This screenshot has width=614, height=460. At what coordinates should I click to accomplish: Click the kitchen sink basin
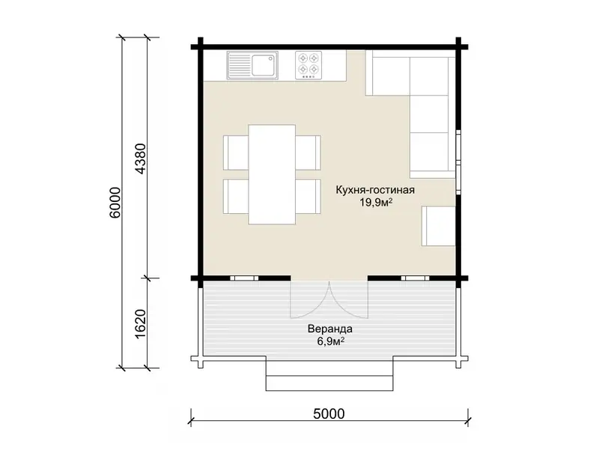(x=264, y=65)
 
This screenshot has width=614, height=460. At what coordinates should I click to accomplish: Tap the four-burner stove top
(x=308, y=65)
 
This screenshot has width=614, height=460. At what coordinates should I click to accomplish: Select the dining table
(x=272, y=174)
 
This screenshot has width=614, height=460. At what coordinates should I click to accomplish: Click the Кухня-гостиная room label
(x=374, y=190)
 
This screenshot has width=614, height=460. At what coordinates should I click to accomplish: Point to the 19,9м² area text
(x=376, y=203)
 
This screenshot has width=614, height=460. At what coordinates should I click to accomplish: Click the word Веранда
(x=329, y=329)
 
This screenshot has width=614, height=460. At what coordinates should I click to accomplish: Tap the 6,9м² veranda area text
(x=330, y=342)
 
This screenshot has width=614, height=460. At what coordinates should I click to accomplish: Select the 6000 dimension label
(x=115, y=203)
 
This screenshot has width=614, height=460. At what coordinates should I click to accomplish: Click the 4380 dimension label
(x=140, y=159)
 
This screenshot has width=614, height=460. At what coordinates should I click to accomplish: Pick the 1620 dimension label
(x=140, y=325)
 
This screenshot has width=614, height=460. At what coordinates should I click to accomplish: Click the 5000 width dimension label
(x=329, y=414)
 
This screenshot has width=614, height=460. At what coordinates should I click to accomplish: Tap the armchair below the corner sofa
(x=439, y=226)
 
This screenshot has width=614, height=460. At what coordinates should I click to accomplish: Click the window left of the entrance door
(x=244, y=278)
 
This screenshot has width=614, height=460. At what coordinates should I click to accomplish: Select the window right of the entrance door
(x=415, y=278)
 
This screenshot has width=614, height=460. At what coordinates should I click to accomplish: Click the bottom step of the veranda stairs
(x=329, y=383)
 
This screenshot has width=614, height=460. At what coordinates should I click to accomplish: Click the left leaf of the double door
(x=309, y=299)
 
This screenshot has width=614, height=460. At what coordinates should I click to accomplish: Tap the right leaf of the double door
(x=349, y=299)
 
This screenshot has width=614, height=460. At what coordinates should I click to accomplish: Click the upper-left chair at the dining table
(x=236, y=153)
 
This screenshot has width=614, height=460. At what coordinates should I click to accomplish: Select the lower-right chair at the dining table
(x=308, y=197)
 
